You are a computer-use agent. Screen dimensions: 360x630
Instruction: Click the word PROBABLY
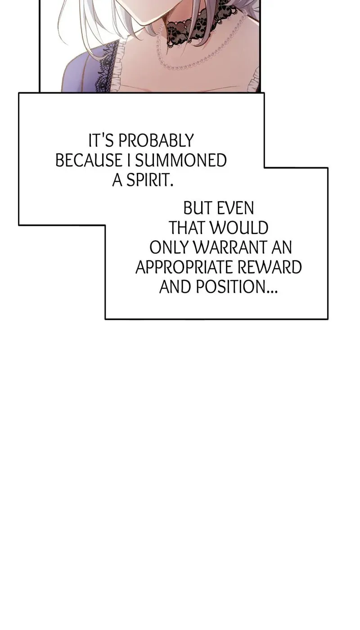coord(156,140)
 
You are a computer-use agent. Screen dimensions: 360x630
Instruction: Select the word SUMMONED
coord(181,160)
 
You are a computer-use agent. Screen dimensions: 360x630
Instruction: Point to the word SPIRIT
coord(149,180)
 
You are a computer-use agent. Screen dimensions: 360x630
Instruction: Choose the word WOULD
coord(239,228)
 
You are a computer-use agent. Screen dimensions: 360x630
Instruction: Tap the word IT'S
coord(101,140)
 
